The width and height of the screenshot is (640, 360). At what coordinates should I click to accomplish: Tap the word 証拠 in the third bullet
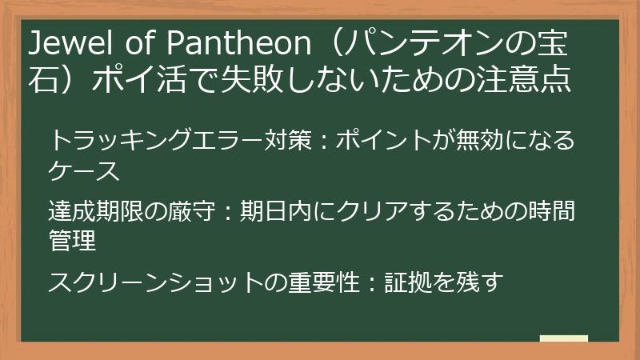pos(411,281)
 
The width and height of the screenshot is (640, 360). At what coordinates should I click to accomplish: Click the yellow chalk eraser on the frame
pos(563,339)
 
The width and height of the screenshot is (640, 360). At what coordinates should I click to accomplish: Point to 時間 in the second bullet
pos(552,211)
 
